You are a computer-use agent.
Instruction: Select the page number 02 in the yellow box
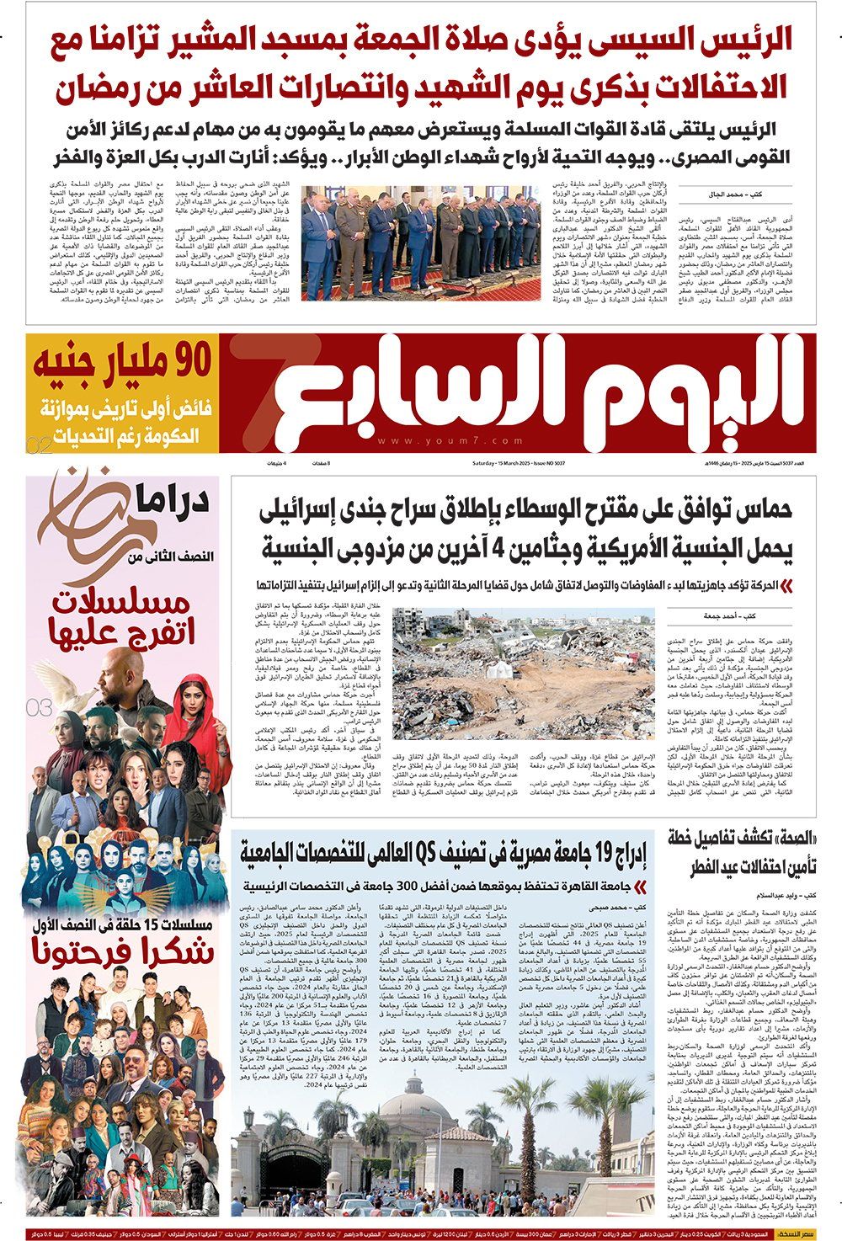pos(39,445)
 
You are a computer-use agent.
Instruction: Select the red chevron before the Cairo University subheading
pos(643,886)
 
